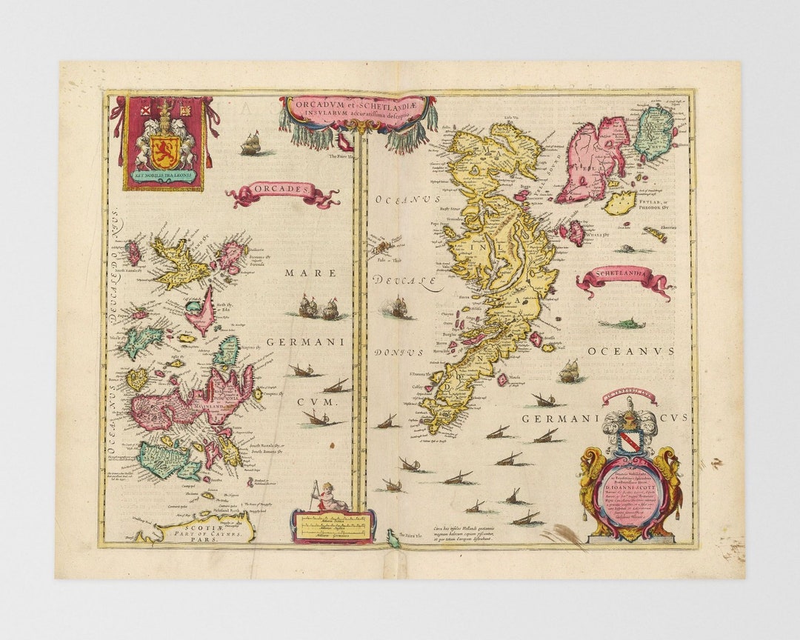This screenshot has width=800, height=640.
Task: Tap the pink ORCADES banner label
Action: pyautogui.click(x=281, y=190)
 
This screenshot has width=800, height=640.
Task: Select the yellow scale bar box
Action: pyautogui.click(x=333, y=525)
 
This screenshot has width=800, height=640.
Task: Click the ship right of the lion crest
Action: pyautogui.click(x=252, y=142)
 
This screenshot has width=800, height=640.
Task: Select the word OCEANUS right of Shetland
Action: pyautogui.click(x=631, y=351)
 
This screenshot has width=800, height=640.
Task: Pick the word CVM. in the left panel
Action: pyautogui.click(x=319, y=401)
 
